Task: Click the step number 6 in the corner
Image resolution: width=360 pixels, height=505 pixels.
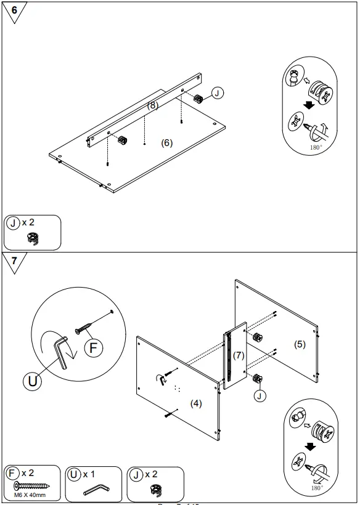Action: pos(14,10)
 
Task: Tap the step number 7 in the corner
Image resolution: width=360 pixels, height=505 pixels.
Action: pos(14,261)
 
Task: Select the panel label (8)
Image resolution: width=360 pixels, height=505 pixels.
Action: pos(153,105)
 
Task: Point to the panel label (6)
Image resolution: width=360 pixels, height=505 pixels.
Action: pos(166,143)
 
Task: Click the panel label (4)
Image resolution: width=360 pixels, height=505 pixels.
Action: pos(195,403)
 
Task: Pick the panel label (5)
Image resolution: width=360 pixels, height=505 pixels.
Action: pos(300,344)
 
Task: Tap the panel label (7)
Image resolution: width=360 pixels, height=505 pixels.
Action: pos(239,355)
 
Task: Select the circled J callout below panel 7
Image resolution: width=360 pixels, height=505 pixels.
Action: pos(260,396)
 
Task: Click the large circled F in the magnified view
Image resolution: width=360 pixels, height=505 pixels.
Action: pos(94,348)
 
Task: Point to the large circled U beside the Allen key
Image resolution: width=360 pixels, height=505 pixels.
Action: pos(32,381)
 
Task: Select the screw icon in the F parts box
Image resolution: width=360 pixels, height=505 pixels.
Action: pos(31,485)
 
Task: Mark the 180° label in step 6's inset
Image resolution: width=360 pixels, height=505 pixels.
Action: pos(316,148)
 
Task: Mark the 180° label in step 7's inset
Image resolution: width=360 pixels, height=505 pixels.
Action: pos(317,487)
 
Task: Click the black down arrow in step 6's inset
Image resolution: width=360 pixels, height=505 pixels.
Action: pos(309,105)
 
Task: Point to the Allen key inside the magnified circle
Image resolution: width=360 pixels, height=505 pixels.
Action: pos(62,353)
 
